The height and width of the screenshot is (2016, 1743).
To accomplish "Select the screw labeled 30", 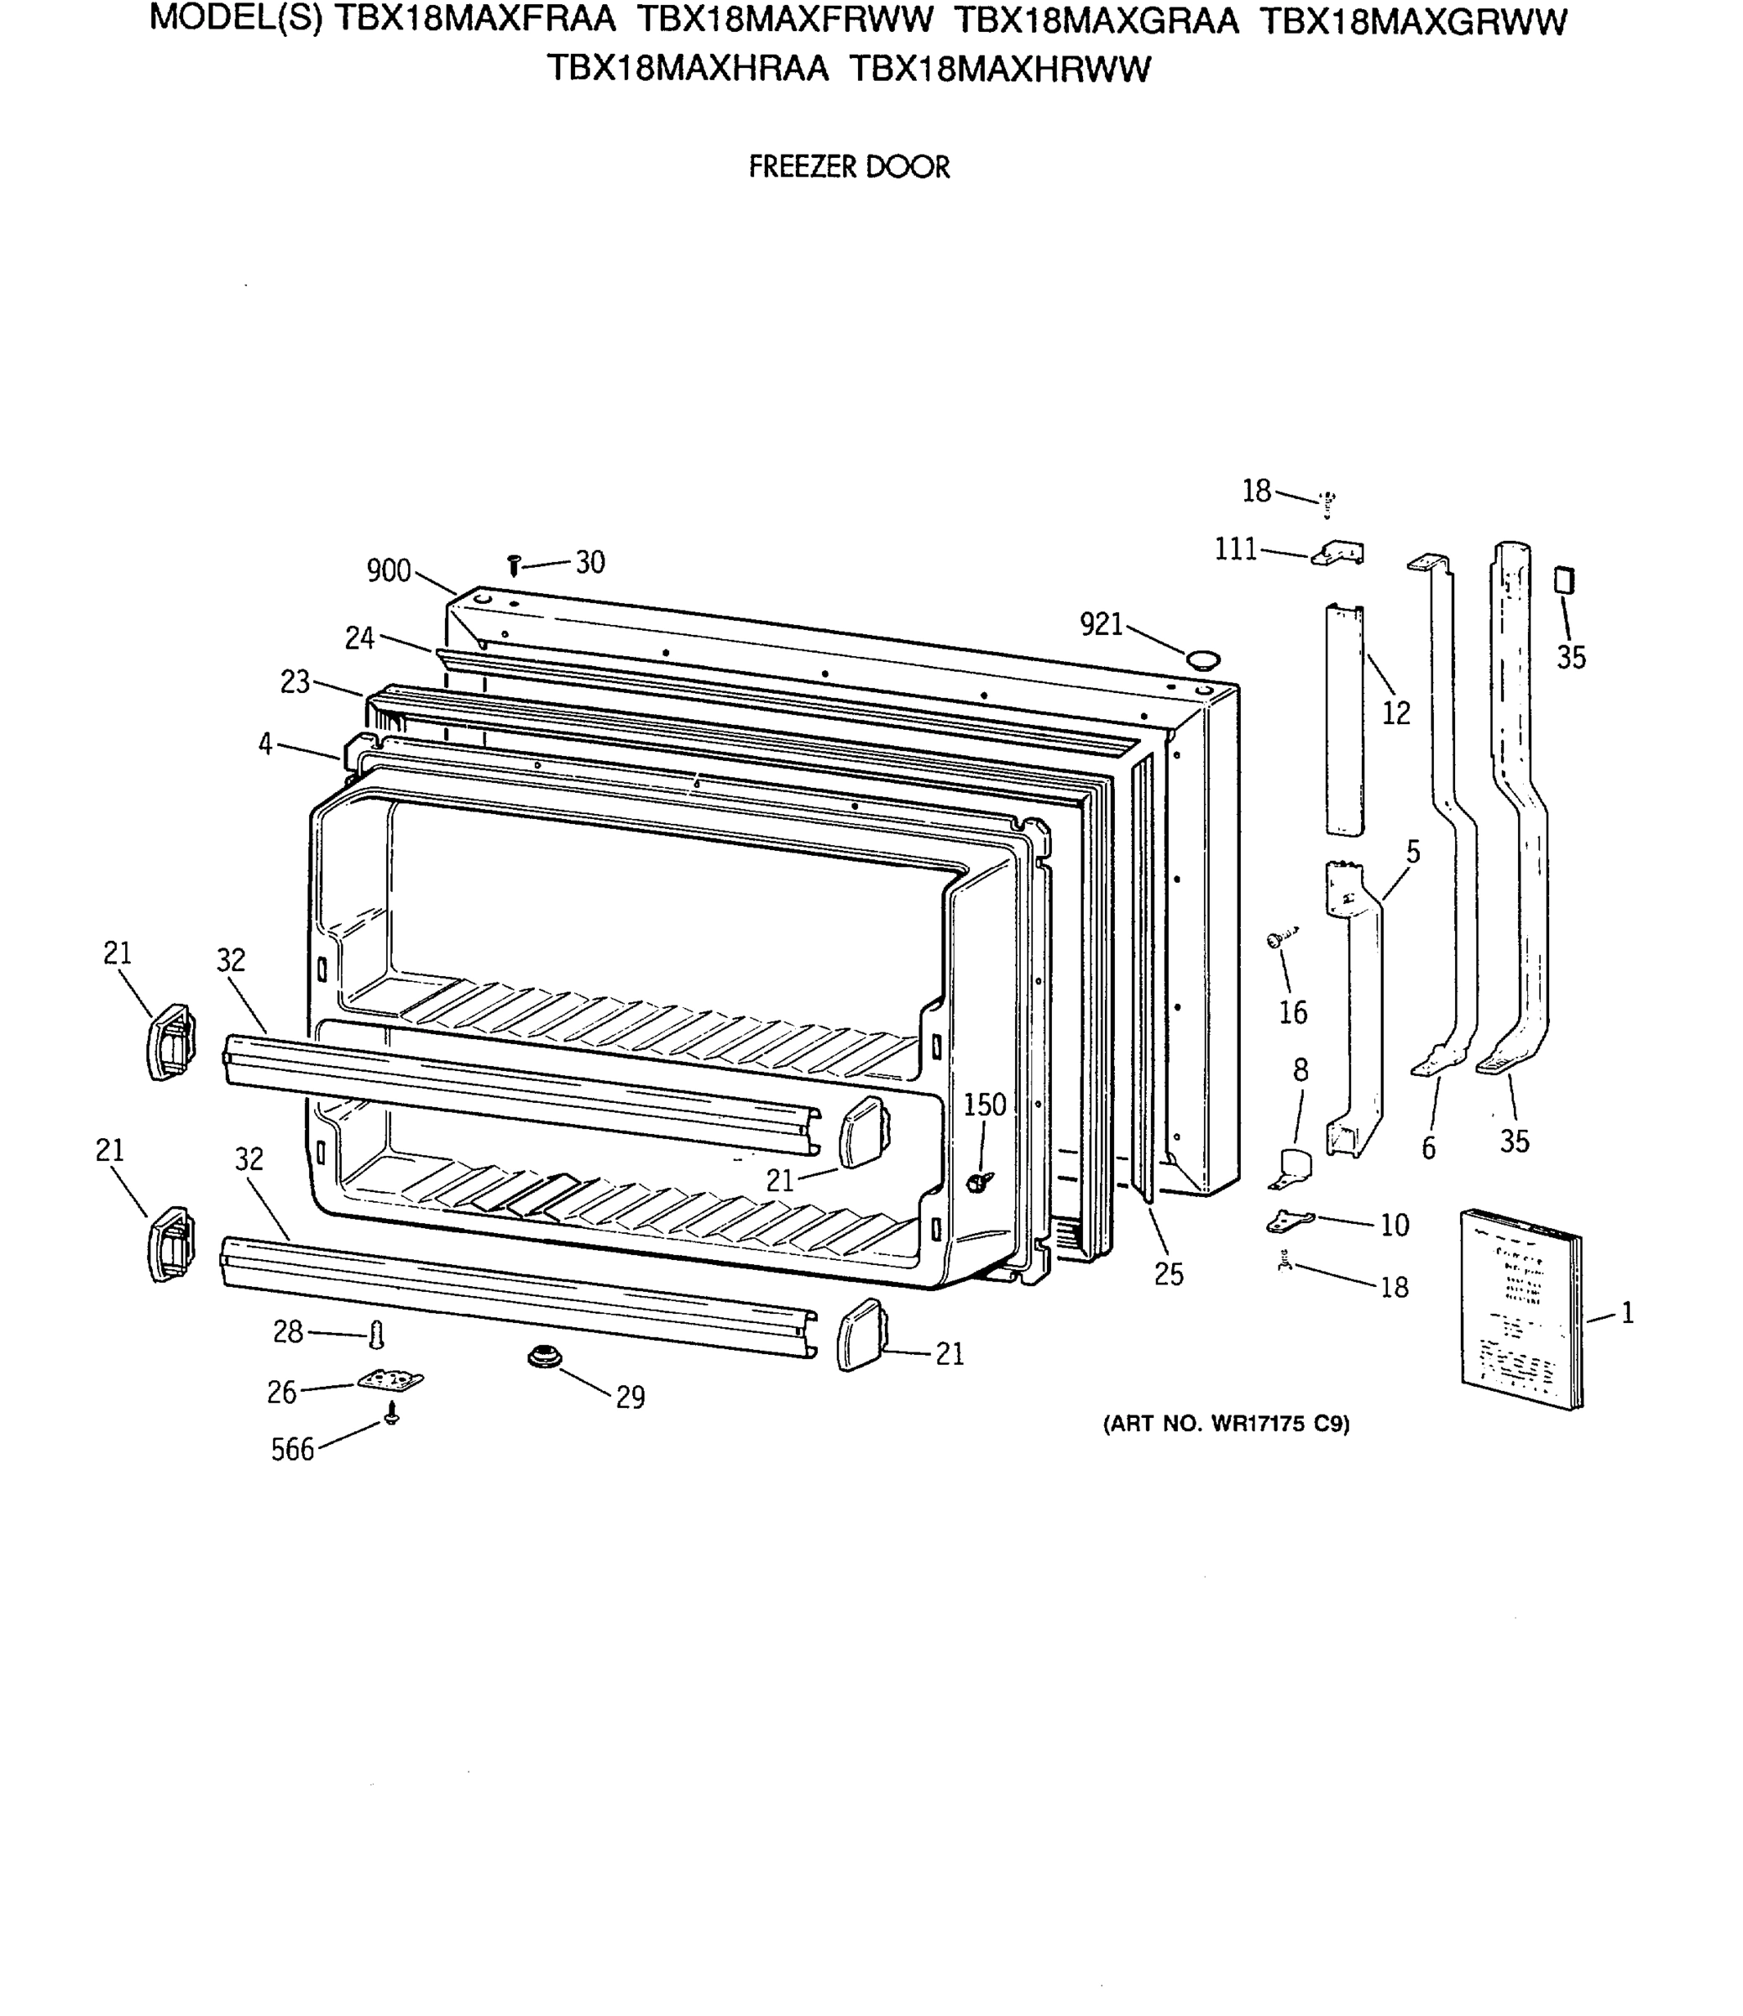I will pos(515,564).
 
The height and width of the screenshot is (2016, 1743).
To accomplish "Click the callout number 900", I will pos(388,571).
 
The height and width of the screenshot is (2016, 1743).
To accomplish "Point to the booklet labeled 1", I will pos(1522,1308).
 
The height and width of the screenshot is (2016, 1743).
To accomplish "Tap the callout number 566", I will pos(292,1450).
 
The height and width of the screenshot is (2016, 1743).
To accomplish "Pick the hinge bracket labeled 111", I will pos(1339,554).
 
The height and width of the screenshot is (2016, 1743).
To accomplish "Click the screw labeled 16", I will pos(1278,939).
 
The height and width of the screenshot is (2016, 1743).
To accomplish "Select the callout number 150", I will pos(984,1105).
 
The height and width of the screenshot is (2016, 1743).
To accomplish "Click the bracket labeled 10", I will pos(1290,1221).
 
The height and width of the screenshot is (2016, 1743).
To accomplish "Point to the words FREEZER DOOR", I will pos(849,167).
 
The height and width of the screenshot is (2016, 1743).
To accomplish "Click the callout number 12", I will pos(1395,713).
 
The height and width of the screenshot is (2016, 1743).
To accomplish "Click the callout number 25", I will pos(1168,1273).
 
